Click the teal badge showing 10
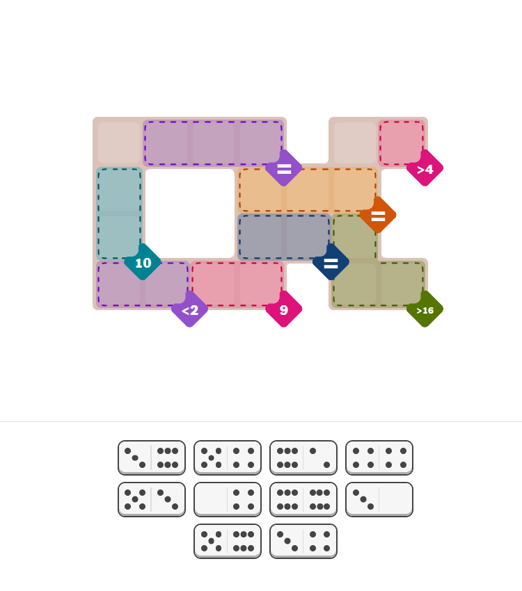tap(143, 262)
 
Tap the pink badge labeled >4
tap(425, 168)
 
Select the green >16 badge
tap(425, 309)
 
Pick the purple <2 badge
tap(190, 309)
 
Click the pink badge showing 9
tap(284, 309)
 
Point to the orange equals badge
tap(378, 216)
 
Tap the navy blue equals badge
tap(331, 262)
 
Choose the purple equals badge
tap(284, 168)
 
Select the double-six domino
tap(303, 499)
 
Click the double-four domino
tap(379, 458)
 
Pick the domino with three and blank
tap(379, 499)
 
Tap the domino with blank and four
tap(228, 499)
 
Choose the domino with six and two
tap(303, 458)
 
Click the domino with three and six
tap(152, 458)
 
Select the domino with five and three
tap(152, 499)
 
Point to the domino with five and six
tap(228, 541)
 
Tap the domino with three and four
tap(303, 541)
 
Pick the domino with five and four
tap(228, 458)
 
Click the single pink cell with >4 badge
tap(402, 143)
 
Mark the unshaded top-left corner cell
tap(119, 143)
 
